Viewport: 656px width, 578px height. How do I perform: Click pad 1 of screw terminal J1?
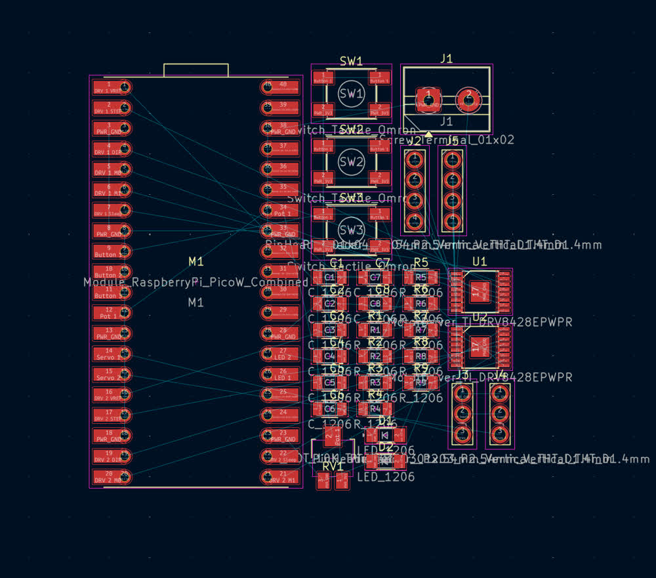428,99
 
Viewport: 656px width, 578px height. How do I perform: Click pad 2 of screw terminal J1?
468,98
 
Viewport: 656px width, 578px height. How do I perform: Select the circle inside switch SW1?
351,93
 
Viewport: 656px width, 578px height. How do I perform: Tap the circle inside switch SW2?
351,161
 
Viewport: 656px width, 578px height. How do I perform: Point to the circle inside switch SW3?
351,230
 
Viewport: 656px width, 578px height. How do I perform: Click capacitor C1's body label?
330,278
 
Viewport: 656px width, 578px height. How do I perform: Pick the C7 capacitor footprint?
375,278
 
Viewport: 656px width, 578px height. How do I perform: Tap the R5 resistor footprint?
421,278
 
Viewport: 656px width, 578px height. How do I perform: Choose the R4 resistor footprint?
375,409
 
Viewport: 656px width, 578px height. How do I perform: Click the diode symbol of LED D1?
386,434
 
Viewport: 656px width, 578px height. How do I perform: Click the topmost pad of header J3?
462,394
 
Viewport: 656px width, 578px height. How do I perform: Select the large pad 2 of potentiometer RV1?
333,435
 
